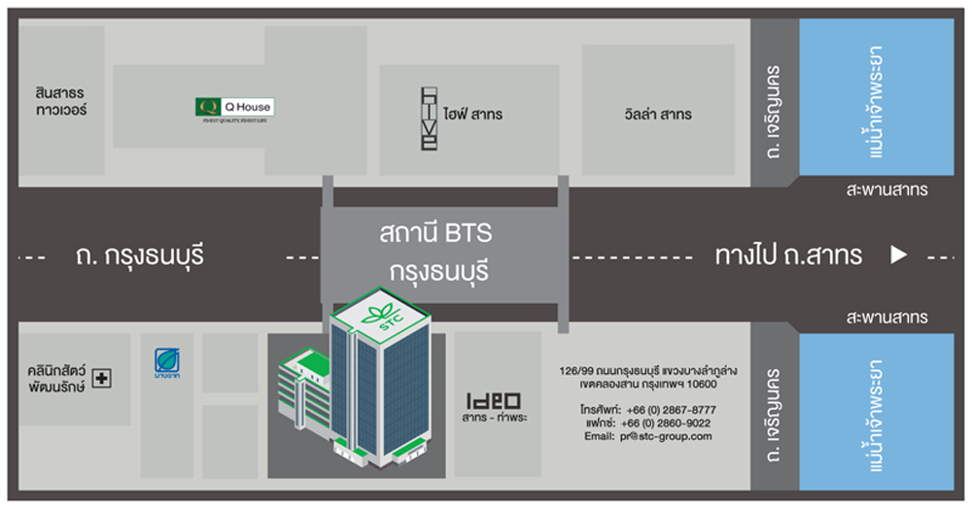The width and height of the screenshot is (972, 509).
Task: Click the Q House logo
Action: pos(234,108)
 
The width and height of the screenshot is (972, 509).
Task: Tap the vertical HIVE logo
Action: pos(429,118)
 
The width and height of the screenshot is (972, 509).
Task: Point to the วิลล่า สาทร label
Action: pos(658,115)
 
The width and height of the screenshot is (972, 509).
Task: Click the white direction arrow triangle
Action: pos(899,255)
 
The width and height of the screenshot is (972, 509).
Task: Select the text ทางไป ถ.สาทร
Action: pos(788,256)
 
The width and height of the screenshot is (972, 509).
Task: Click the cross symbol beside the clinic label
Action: pos(102,378)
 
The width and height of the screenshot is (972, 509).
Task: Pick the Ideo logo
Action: pos(494,400)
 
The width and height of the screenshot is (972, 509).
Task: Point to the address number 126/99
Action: pos(578,370)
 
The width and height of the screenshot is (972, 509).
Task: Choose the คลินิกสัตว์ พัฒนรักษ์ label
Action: pos(57,378)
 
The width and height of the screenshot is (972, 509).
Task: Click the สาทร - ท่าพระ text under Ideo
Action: pos(495,419)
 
